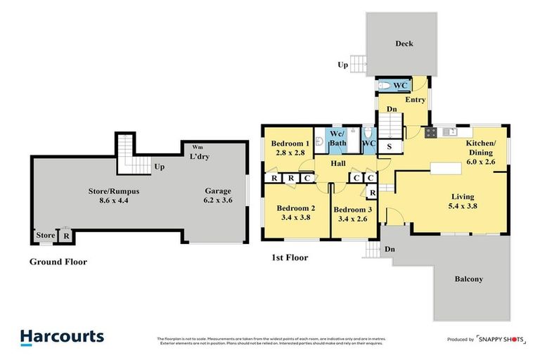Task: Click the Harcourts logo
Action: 62,337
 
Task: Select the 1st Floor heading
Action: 289,257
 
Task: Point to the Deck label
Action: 404,44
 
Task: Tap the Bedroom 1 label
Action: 290,143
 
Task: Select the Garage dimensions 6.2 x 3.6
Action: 218,200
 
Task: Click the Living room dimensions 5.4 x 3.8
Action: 463,206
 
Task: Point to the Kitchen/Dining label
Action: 481,147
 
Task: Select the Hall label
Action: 338,163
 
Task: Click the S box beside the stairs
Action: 389,146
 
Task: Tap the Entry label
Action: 416,100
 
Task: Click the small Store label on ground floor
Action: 45,236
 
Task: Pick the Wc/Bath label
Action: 338,138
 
